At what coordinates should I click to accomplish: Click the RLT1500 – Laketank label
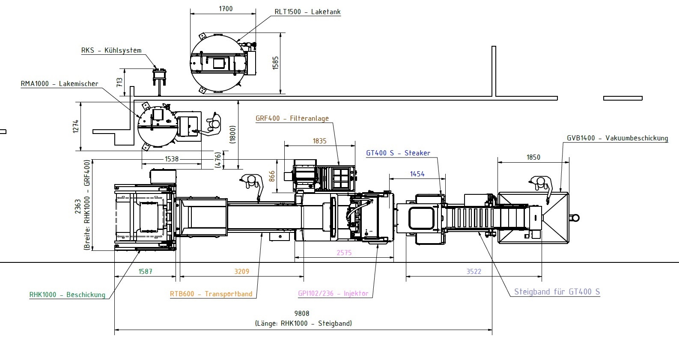307,12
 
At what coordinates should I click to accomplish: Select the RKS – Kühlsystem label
111,51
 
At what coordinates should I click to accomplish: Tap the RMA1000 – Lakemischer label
60,84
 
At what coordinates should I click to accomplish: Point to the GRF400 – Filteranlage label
292,119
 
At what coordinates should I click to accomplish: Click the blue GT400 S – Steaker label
398,153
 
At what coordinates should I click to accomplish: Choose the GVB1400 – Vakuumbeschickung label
617,138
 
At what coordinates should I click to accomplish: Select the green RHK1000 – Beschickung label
67,295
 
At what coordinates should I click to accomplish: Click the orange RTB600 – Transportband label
211,294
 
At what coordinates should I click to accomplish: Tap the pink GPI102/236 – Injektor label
333,294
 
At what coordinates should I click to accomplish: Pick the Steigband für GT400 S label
557,292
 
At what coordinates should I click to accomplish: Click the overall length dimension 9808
302,313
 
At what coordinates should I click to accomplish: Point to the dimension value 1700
226,9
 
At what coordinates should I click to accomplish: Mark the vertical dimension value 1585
275,63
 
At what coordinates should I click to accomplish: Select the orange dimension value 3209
241,271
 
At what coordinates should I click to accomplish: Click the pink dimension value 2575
344,253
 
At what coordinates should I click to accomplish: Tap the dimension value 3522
474,271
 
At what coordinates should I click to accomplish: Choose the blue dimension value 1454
417,174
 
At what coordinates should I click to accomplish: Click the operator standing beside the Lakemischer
213,125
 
